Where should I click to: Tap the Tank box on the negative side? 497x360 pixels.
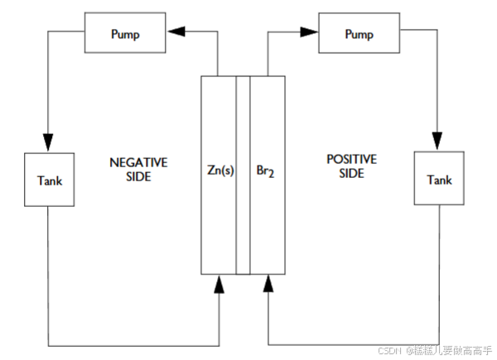point(49,180)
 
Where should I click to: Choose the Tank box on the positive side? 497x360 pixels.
point(438,180)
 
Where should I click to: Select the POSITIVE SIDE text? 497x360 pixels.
point(352,166)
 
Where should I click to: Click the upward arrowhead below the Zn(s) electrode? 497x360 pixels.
point(220,285)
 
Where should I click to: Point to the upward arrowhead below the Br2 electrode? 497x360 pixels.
point(268,285)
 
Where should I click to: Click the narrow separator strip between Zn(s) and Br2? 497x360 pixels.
point(243,174)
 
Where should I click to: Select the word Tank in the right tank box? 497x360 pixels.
point(438,180)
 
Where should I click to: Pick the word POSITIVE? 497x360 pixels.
point(352,159)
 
